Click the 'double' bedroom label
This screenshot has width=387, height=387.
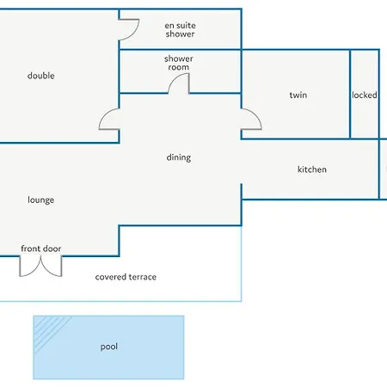41,76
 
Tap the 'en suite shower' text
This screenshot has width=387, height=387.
180,29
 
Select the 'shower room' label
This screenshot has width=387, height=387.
179,63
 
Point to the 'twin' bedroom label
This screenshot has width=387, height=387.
298,95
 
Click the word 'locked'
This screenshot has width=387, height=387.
365,95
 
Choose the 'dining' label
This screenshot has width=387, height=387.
179,157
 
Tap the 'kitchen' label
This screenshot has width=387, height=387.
312,169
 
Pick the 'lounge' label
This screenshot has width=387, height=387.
40,200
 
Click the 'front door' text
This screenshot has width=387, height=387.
41,249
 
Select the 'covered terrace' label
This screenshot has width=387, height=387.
126,277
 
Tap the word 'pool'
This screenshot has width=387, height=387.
109,347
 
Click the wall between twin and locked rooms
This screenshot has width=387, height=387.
350,94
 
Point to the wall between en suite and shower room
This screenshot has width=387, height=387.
180,50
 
